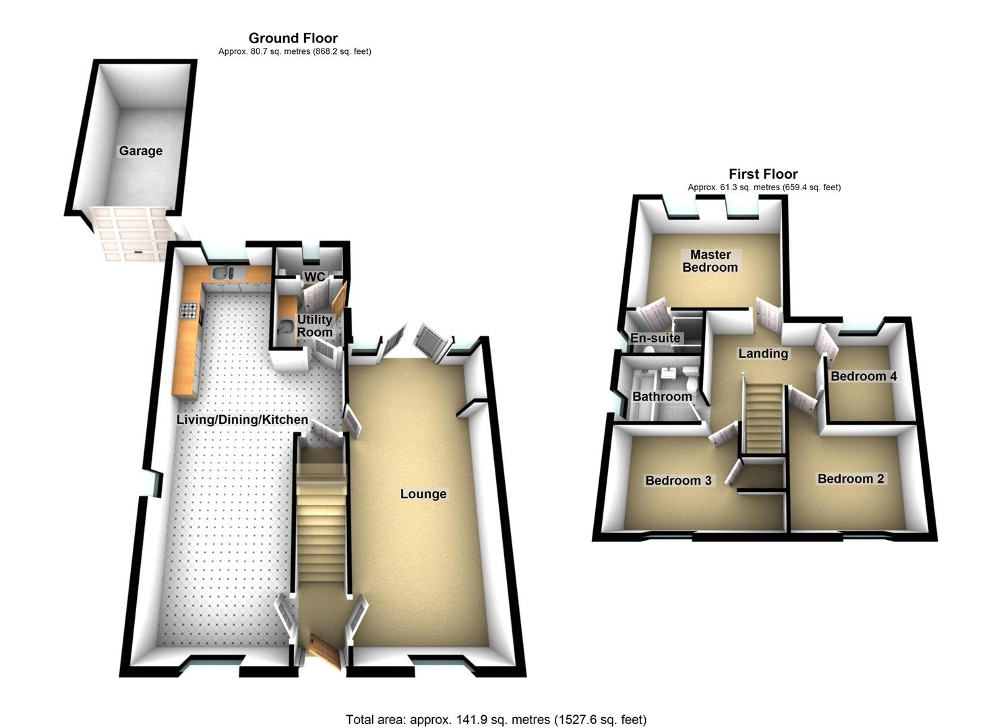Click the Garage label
click(140, 151)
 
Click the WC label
click(314, 277)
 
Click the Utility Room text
click(315, 326)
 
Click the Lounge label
click(423, 494)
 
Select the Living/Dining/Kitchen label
click(242, 420)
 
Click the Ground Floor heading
click(293, 38)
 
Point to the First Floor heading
click(763, 174)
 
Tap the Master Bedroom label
click(710, 261)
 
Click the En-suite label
click(655, 338)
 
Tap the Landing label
click(762, 353)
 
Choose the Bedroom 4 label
click(863, 376)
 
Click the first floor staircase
click(764, 418)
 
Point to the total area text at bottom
click(496, 719)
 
